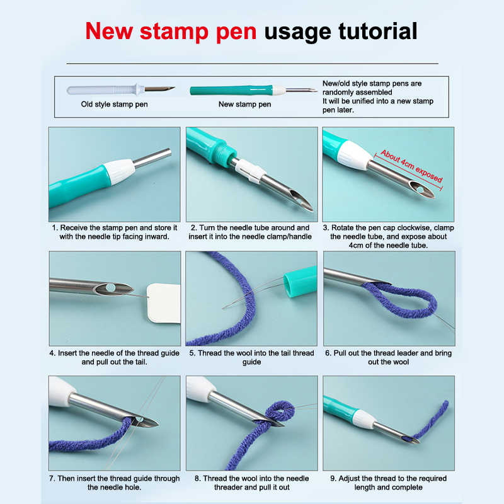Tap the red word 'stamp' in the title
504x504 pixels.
174,32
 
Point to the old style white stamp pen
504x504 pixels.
120,89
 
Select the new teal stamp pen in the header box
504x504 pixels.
253,90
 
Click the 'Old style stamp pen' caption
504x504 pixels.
115,104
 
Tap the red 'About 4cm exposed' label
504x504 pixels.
412,166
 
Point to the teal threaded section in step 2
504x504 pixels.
223,154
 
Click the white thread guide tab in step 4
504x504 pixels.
164,303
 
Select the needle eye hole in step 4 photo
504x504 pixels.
110,287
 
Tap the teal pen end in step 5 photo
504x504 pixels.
301,281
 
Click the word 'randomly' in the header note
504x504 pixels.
337,92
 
